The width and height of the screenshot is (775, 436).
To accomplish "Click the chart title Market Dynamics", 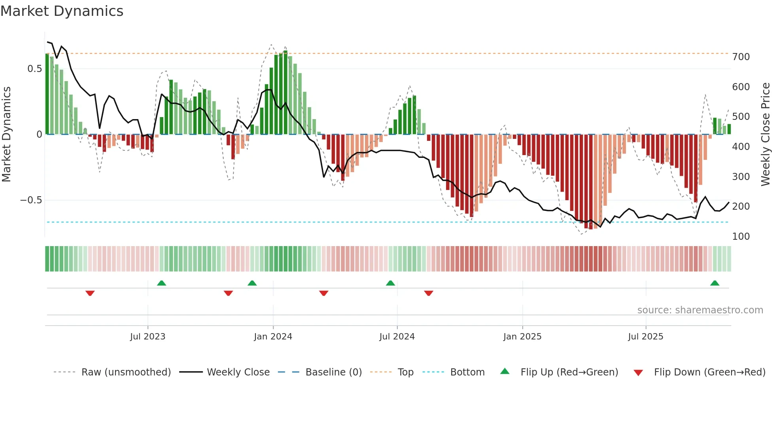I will [62, 11].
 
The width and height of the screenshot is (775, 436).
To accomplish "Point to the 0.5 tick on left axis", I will [34, 69].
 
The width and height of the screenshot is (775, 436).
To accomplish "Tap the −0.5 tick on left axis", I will [31, 200].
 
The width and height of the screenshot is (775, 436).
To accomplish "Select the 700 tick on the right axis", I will [741, 57].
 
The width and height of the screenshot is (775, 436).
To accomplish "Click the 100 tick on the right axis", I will [741, 237].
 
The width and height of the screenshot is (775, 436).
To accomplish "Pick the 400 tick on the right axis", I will [741, 147].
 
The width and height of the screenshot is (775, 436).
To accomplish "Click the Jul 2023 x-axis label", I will [147, 337].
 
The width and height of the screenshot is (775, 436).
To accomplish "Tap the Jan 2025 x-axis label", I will [522, 337].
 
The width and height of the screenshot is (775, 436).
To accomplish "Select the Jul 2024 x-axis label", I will [397, 337].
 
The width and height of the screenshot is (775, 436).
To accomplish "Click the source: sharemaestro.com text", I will [700, 310].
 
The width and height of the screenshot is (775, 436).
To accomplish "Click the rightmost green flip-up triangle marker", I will [715, 283].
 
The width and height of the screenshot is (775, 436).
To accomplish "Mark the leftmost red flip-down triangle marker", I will [90, 293].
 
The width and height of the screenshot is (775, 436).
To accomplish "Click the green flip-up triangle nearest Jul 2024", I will [390, 283].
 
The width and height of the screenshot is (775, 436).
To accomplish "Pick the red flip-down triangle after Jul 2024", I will [429, 293].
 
